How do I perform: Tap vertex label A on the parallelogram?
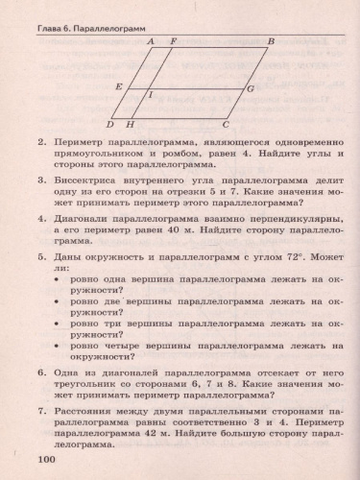151,41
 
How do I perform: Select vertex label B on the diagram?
272,41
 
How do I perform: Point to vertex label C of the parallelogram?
227,125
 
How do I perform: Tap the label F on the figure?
173,41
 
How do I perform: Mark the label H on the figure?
130,125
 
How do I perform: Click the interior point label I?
149,95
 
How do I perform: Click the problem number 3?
41,180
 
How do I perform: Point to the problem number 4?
41,217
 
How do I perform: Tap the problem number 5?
41,257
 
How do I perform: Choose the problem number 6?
41,369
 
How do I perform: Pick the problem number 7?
41,408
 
